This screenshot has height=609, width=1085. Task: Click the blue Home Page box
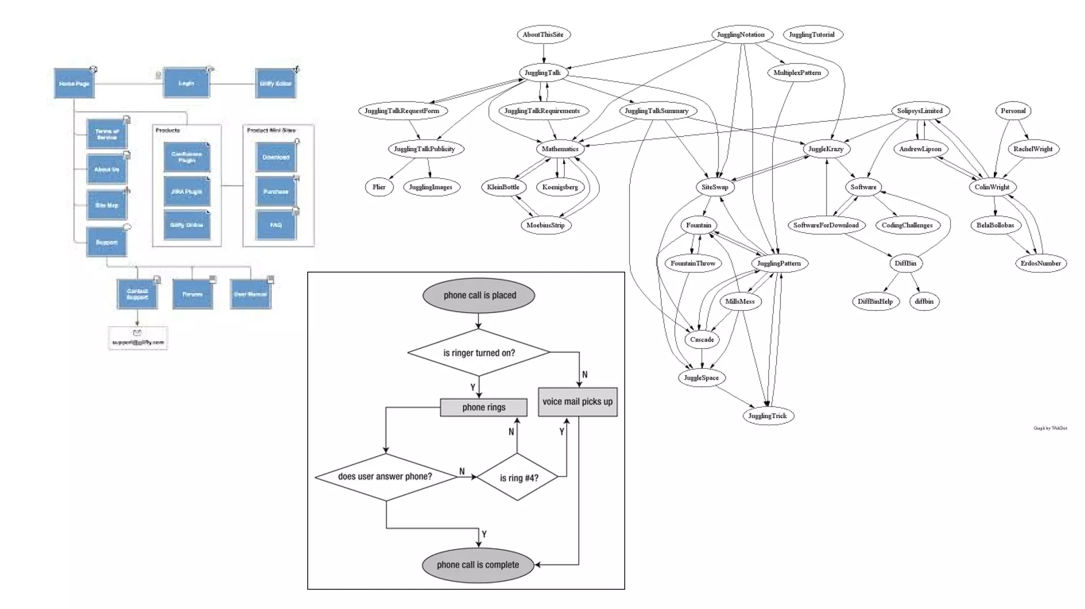(74, 83)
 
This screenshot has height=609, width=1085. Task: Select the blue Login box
(186, 83)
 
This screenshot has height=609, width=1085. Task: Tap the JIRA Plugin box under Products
(186, 192)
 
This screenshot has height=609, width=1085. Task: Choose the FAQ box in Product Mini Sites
(275, 225)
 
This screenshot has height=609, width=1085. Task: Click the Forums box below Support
(192, 294)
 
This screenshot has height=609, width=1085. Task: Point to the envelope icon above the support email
(137, 333)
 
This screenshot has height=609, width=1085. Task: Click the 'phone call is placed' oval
(479, 295)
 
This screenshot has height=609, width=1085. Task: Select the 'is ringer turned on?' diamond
(479, 353)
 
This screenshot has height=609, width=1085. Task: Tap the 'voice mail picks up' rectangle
(577, 402)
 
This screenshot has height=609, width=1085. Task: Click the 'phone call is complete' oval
(478, 565)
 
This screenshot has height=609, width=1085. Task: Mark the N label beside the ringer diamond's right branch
(585, 374)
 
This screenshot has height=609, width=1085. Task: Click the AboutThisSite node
(543, 34)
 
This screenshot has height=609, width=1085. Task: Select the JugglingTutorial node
(812, 34)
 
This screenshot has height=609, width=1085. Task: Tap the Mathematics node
(560, 149)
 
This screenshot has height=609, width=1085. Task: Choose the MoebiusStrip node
(545, 225)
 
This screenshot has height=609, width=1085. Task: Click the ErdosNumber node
(1040, 263)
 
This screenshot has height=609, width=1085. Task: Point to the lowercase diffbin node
(924, 301)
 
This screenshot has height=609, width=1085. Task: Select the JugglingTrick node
(767, 416)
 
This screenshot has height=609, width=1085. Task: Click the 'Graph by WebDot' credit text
(1050, 428)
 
